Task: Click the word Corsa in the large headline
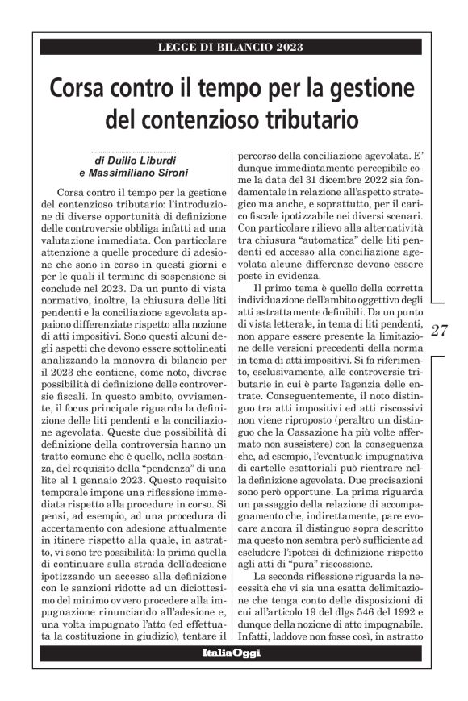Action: point(81,87)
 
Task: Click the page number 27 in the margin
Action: point(441,330)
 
